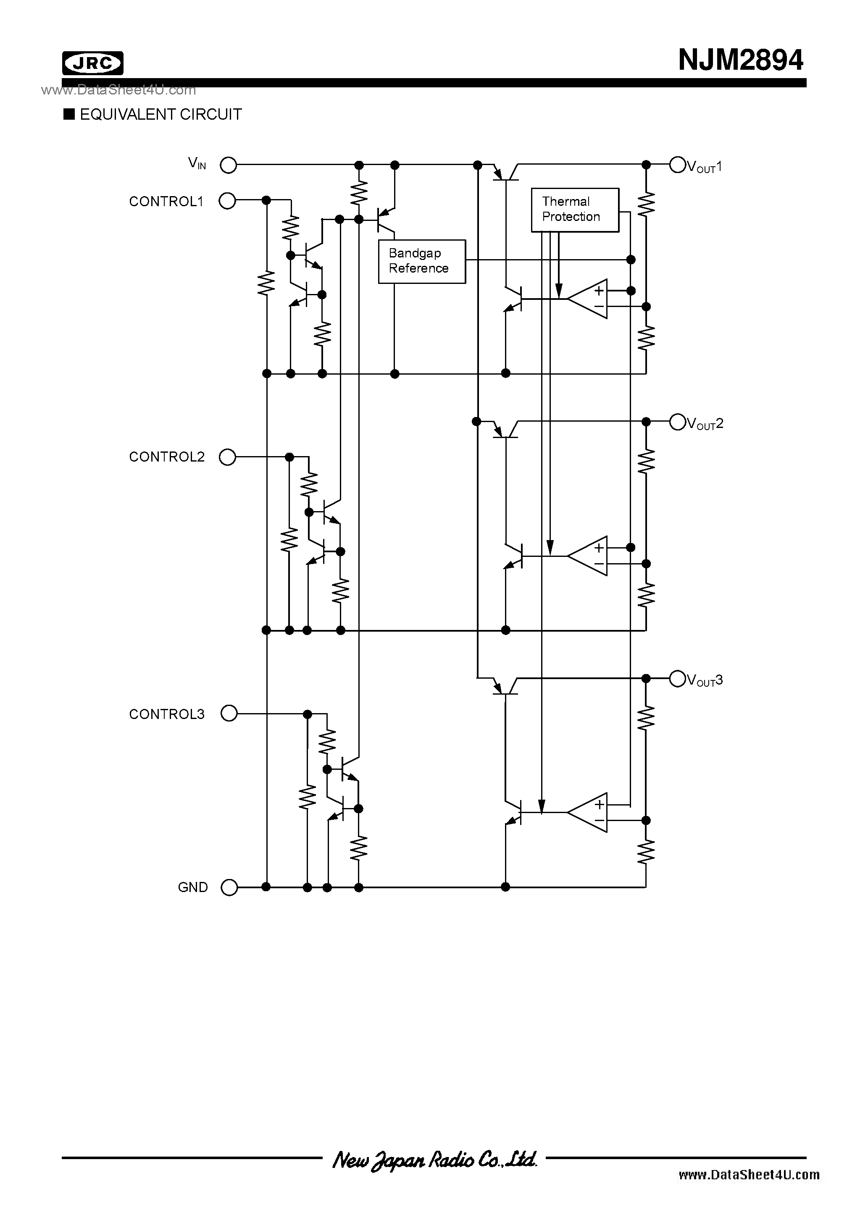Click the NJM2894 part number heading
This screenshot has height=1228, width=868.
(x=740, y=60)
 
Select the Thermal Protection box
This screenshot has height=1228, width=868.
(x=575, y=210)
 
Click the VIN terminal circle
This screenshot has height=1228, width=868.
(x=229, y=165)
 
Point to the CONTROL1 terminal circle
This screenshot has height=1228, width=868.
(x=227, y=201)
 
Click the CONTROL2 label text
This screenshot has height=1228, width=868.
(x=166, y=457)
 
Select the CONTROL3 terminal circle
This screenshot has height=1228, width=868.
(x=229, y=714)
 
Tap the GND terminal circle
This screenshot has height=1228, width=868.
(x=229, y=887)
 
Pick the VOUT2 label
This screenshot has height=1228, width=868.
(x=705, y=424)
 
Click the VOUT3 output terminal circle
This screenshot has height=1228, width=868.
(x=678, y=679)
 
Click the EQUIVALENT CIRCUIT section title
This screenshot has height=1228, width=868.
(x=160, y=115)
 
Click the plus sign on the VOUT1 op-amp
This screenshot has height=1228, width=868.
(x=599, y=291)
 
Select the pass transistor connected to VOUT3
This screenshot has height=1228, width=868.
(x=505, y=687)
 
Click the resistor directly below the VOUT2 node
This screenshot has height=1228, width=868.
(x=646, y=460)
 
